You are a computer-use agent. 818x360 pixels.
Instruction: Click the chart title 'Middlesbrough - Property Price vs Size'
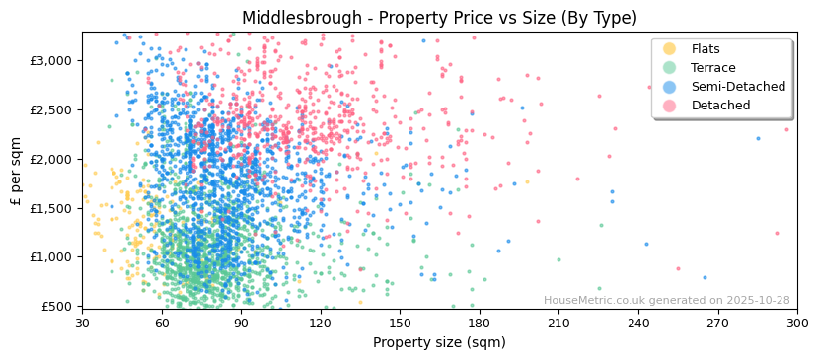point(439,18)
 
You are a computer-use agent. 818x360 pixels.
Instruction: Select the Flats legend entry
point(705,49)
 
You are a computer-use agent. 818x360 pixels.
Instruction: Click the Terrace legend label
point(712,68)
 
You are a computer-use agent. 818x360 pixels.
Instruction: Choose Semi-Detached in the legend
point(738,87)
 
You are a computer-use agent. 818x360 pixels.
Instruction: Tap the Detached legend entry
point(720,106)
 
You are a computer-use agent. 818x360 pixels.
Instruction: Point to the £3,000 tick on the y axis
point(50,60)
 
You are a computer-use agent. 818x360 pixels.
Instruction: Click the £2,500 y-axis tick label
point(50,109)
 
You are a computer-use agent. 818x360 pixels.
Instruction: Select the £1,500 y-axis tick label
point(50,208)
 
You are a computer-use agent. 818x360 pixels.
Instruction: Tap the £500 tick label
point(56,306)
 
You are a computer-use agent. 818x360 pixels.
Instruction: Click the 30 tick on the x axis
point(82,323)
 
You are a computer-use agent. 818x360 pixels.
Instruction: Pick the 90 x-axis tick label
point(241,323)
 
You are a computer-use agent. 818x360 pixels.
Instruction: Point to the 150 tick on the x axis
point(400,323)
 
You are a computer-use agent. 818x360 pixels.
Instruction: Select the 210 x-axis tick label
point(558,323)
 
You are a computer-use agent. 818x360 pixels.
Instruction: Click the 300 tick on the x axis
point(796,323)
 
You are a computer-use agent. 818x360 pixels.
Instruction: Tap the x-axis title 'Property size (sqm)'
point(439,342)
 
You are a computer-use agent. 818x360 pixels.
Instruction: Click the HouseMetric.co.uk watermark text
point(666,301)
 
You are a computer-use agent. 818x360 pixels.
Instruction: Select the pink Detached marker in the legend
point(670,106)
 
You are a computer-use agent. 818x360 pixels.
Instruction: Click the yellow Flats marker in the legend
point(670,49)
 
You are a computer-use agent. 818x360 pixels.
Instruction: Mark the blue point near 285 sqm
point(758,138)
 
